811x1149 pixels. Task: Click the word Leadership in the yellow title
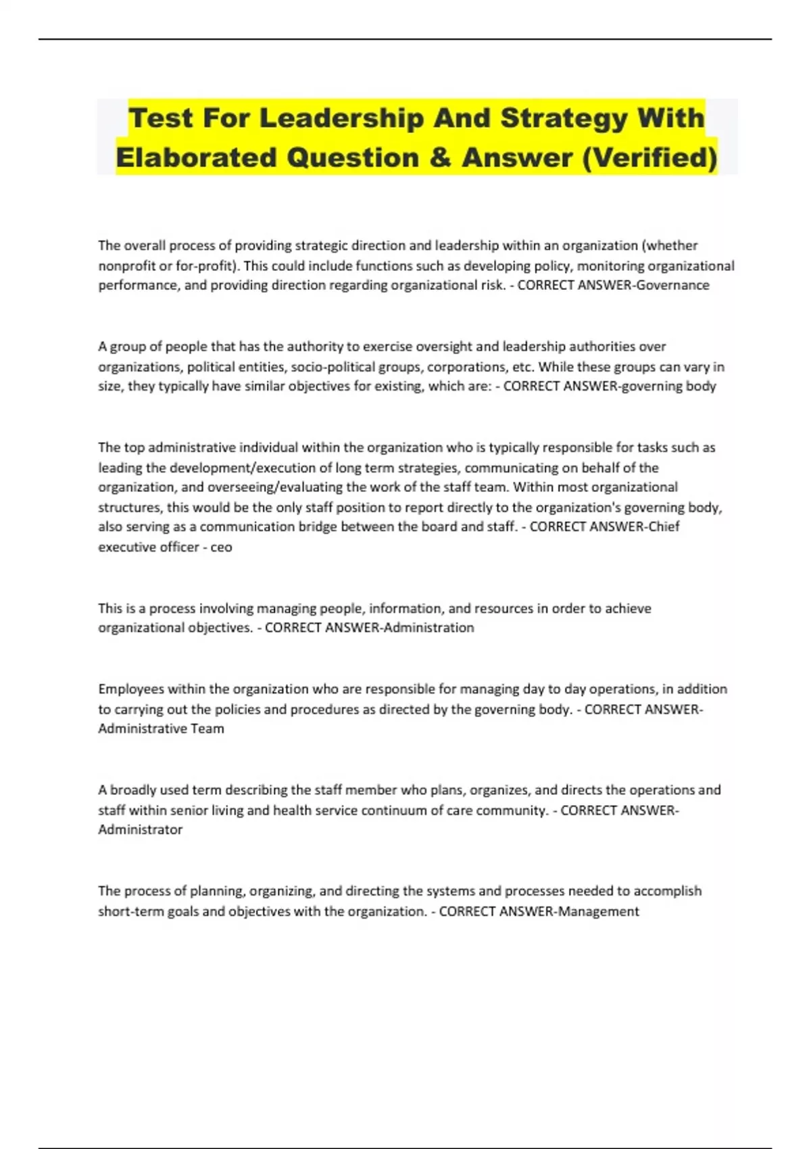click(x=342, y=118)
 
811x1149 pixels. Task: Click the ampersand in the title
click(x=439, y=158)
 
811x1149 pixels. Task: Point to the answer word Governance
click(x=673, y=285)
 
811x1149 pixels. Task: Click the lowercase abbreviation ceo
click(x=222, y=547)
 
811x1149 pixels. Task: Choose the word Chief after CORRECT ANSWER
click(x=664, y=527)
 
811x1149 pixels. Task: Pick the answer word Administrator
click(x=141, y=829)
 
